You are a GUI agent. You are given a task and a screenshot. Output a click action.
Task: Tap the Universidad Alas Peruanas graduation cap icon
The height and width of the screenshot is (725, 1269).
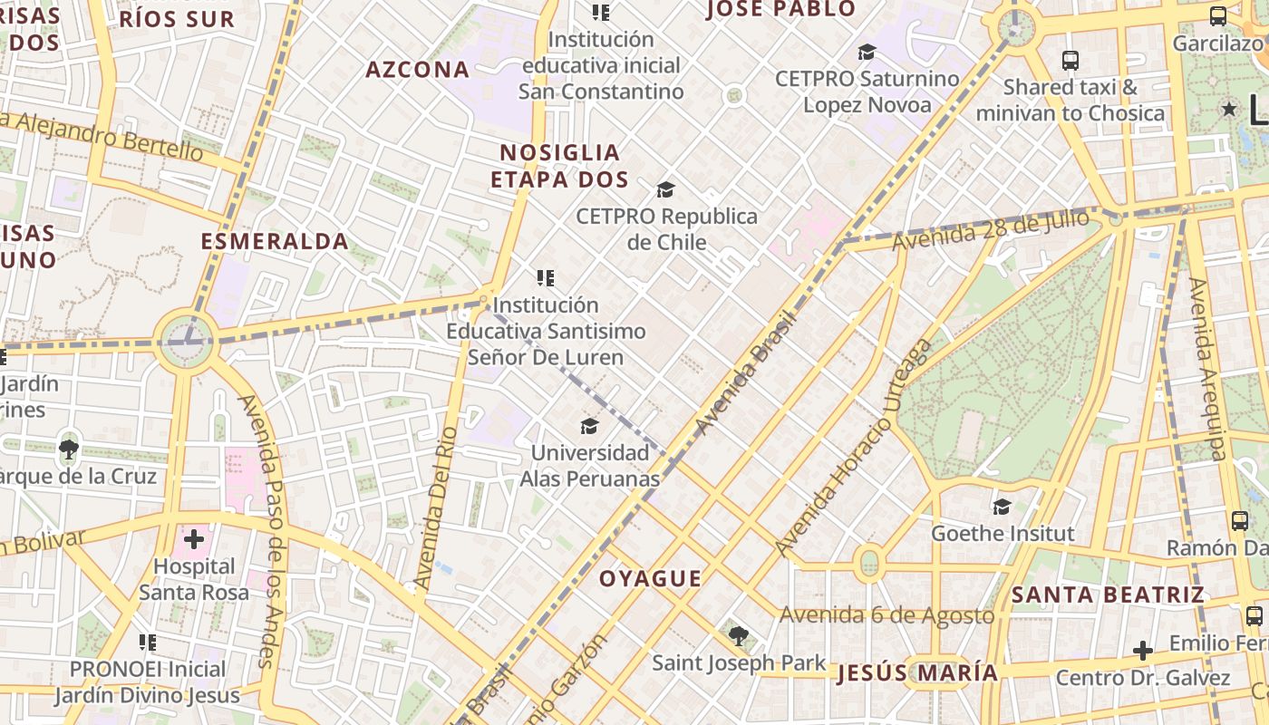point(589,426)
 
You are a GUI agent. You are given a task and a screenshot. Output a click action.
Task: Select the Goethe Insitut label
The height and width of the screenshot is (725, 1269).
point(1003,533)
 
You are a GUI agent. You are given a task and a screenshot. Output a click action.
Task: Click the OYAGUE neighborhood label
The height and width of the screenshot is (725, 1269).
point(651,578)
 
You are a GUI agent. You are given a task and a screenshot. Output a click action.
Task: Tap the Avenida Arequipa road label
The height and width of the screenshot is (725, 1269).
point(1208,369)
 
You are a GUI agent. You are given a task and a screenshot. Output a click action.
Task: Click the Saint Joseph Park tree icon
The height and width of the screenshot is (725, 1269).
point(739,636)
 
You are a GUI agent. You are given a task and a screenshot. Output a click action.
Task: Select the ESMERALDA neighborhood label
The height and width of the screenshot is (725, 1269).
point(275,241)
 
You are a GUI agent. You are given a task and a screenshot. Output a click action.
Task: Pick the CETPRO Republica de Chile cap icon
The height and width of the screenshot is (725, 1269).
point(666,189)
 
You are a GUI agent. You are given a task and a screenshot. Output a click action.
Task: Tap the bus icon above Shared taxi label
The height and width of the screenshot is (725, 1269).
point(1070,61)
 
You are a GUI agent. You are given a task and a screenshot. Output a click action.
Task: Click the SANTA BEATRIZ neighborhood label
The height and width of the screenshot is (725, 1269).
point(1108,594)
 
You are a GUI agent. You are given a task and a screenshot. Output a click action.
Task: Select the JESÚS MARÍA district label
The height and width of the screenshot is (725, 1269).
point(917,673)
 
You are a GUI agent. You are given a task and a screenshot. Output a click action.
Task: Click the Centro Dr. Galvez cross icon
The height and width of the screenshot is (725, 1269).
point(1143,651)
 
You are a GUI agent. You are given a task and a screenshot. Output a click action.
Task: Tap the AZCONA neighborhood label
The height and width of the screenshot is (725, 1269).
point(417,70)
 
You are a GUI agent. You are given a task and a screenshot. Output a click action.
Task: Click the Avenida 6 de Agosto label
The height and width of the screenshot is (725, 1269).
point(886,615)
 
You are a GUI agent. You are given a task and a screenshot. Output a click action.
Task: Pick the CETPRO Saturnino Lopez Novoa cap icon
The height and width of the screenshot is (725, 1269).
point(867,52)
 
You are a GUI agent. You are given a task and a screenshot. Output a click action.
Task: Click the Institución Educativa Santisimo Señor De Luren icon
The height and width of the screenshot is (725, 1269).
point(545,278)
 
